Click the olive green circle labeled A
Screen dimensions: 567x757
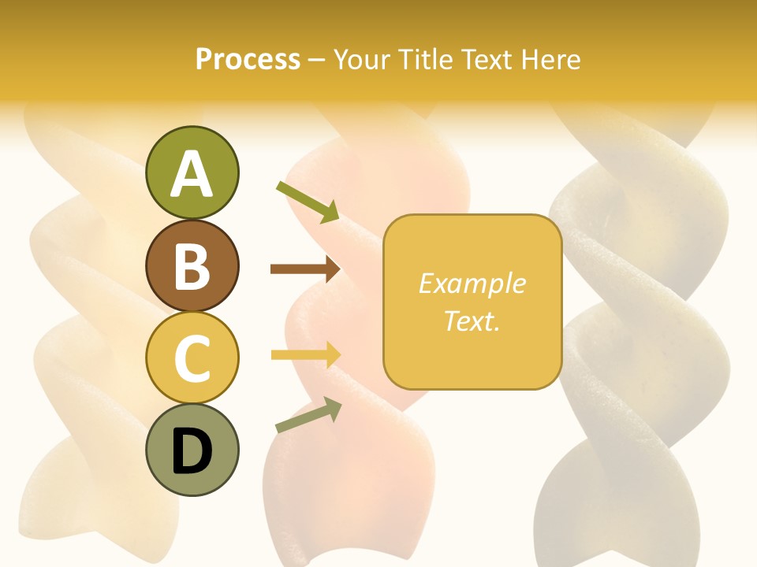(x=192, y=172)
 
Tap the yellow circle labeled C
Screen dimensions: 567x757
(x=192, y=358)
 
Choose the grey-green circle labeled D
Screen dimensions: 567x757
(x=192, y=450)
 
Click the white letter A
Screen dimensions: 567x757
(x=192, y=174)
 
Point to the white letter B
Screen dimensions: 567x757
(x=192, y=266)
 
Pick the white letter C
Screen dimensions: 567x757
(x=192, y=358)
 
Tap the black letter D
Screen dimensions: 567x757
(x=192, y=451)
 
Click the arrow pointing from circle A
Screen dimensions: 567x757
(x=308, y=202)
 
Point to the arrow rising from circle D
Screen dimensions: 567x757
(x=308, y=415)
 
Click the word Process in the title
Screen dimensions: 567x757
(x=248, y=60)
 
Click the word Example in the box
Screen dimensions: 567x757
(x=472, y=283)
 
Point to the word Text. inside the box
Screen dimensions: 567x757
(x=472, y=321)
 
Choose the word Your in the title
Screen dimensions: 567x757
(x=364, y=59)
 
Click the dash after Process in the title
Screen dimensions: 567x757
(x=316, y=61)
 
